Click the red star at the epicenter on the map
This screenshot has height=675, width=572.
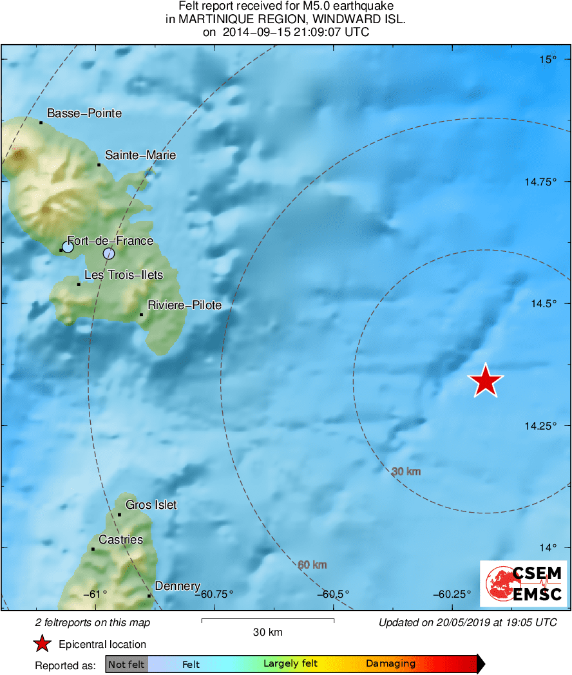click(x=486, y=381)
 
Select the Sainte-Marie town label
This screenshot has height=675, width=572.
click(x=140, y=155)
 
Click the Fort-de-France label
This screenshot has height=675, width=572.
click(x=110, y=241)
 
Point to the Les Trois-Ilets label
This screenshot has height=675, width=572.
click(x=124, y=275)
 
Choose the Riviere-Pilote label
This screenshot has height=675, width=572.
click(x=184, y=305)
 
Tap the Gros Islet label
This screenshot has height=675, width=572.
click(x=151, y=505)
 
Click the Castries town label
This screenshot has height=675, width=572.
click(x=120, y=540)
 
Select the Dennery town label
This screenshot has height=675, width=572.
click(x=178, y=586)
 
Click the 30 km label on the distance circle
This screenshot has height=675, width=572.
click(x=406, y=471)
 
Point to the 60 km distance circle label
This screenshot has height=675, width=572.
click(x=312, y=565)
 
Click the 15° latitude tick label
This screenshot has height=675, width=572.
click(x=548, y=60)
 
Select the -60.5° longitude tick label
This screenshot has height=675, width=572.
click(x=333, y=594)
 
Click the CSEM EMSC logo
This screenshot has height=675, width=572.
click(x=523, y=584)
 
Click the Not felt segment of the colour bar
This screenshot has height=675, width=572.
click(x=126, y=664)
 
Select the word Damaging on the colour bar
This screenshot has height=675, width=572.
click(x=390, y=664)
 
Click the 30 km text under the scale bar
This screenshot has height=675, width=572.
click(x=267, y=632)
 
